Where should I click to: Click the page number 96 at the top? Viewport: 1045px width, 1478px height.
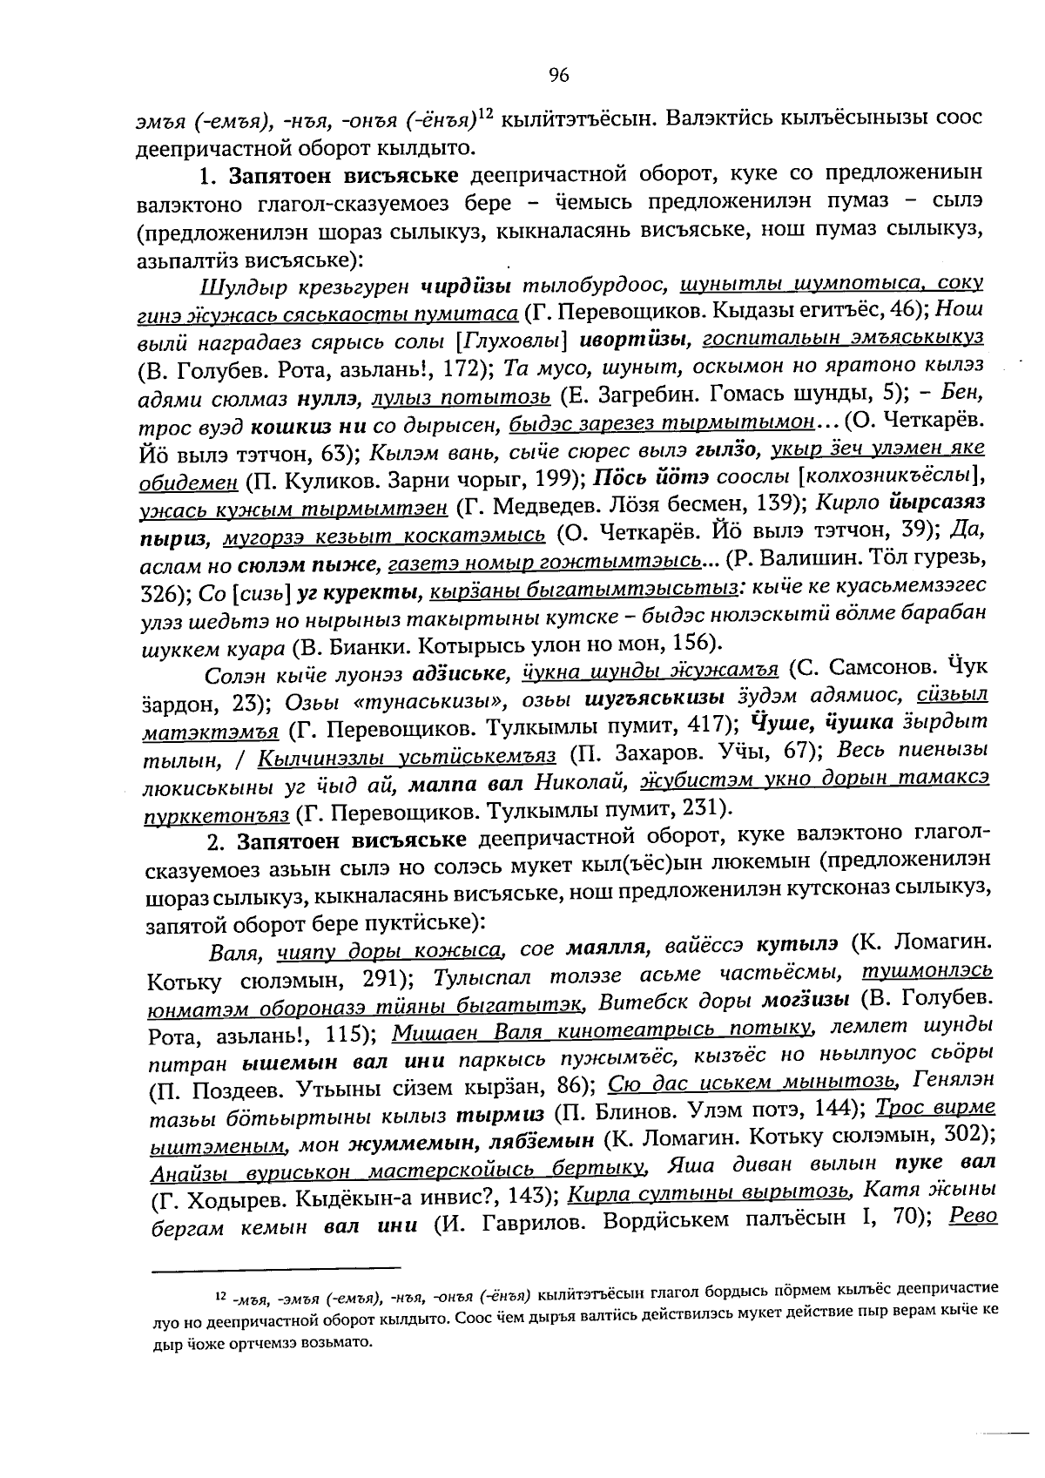click(559, 76)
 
